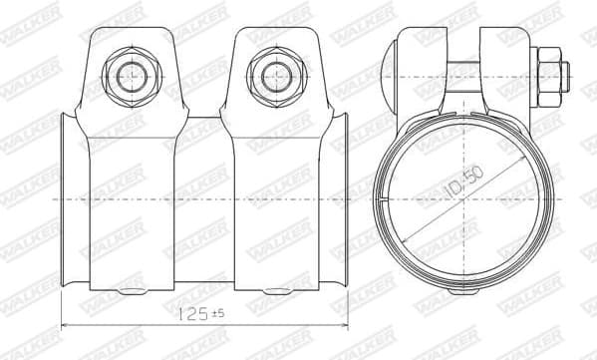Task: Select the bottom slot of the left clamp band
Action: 131,291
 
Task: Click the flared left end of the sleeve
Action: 65,204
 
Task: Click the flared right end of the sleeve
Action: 345,204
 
